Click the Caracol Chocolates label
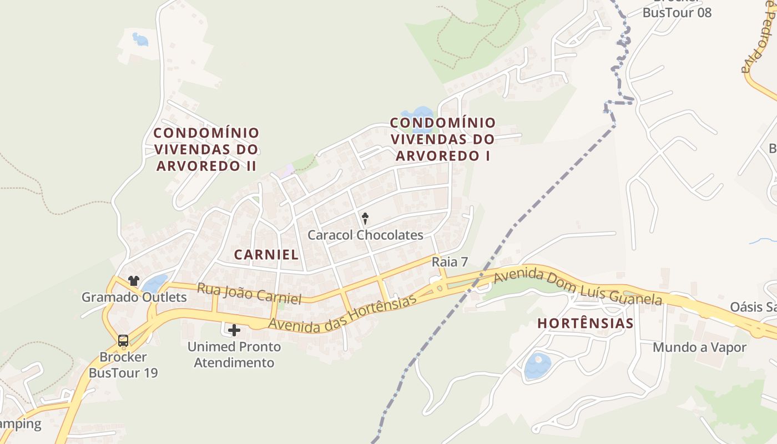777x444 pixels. (365, 235)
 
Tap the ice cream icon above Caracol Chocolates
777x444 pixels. (365, 217)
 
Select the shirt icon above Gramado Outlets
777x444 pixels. (133, 281)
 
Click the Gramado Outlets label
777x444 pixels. (134, 297)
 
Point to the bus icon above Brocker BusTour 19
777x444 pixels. (123, 340)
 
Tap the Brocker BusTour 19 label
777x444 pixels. (123, 365)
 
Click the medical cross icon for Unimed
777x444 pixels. (234, 330)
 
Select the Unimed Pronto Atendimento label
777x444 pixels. (234, 355)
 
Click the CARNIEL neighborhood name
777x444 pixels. (266, 255)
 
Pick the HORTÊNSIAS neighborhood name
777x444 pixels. (586, 324)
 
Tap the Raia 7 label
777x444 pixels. (450, 262)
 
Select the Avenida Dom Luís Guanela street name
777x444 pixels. (577, 287)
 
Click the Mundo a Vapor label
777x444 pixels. (699, 347)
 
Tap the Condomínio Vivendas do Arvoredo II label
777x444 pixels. (206, 149)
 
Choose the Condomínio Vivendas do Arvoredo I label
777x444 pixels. (443, 139)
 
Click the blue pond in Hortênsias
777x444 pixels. (537, 366)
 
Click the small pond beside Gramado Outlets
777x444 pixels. (154, 284)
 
